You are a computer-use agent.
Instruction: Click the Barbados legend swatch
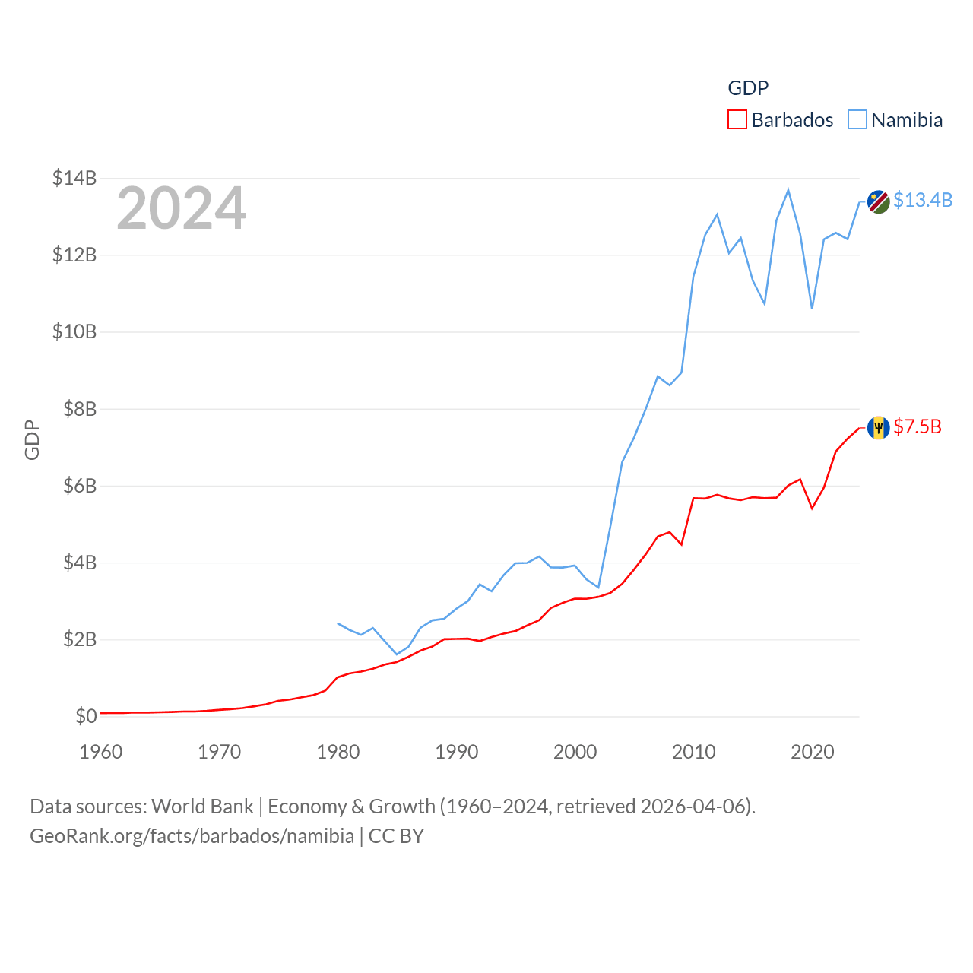pyautogui.click(x=737, y=120)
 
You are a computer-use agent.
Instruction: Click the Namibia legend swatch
pyautogui.click(x=857, y=120)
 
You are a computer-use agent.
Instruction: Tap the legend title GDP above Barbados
pyautogui.click(x=748, y=88)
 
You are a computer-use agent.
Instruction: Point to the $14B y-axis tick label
pyautogui.click(x=74, y=178)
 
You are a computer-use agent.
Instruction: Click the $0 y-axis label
pyautogui.click(x=86, y=716)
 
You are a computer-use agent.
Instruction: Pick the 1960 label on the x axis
pyautogui.click(x=101, y=752)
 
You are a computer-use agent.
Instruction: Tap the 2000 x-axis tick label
pyautogui.click(x=575, y=752)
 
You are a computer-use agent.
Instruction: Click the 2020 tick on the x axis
pyautogui.click(x=813, y=752)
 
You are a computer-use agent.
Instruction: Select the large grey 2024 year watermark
pyautogui.click(x=182, y=208)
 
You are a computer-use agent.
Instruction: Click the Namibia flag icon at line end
pyautogui.click(x=878, y=201)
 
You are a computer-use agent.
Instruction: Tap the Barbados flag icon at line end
pyautogui.click(x=878, y=427)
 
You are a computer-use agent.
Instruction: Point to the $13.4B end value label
pyautogui.click(x=923, y=200)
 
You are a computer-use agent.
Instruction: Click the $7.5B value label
pyautogui.click(x=918, y=426)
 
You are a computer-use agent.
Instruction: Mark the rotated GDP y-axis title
pyautogui.click(x=32, y=439)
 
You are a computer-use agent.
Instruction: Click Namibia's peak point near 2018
pyautogui.click(x=788, y=190)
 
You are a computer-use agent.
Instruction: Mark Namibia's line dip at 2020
pyautogui.click(x=812, y=309)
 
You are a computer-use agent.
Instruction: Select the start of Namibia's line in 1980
pyautogui.click(x=338, y=623)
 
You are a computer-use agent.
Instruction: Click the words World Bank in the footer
pyautogui.click(x=202, y=806)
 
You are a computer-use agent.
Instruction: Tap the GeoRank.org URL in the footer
pyautogui.click(x=192, y=836)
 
